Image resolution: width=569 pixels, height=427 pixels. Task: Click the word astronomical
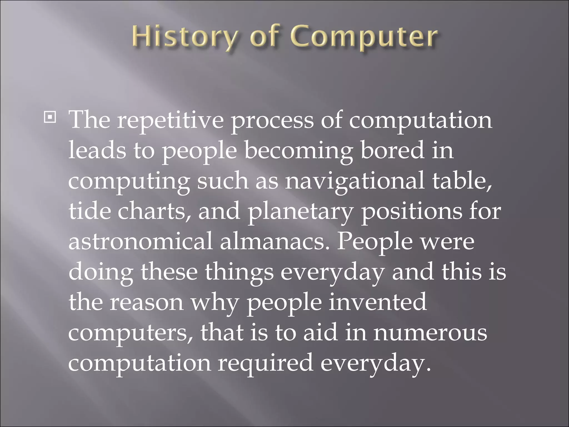(140, 241)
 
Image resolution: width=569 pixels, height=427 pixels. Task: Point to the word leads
(97, 150)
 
